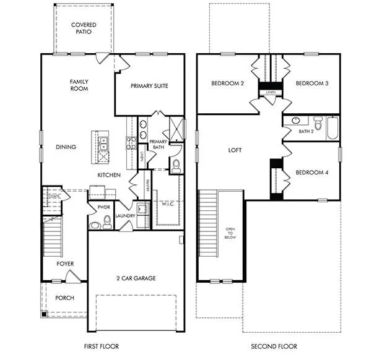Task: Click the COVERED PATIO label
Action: point(84,28)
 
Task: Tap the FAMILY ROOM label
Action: point(79,85)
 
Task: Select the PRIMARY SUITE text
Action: point(149,86)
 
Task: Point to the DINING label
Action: point(66,147)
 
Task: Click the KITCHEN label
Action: point(108,176)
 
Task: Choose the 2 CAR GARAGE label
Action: point(136,278)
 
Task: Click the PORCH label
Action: point(64,298)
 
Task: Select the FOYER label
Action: point(65,264)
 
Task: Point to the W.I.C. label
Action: point(168,204)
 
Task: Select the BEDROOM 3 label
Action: point(311,84)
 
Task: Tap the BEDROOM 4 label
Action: point(311,172)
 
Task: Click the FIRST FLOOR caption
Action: point(101,346)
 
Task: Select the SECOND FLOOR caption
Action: point(274,346)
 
